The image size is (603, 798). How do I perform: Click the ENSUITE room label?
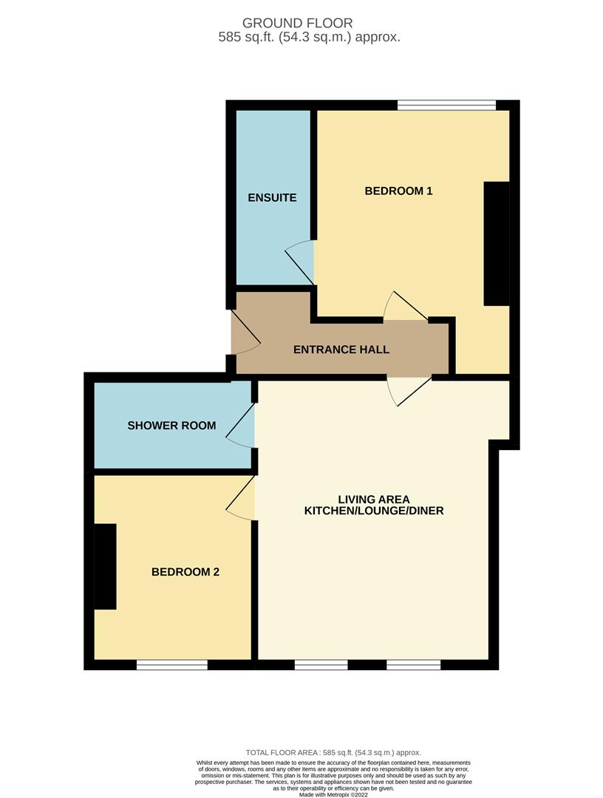(272, 198)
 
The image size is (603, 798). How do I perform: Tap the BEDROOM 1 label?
(398, 191)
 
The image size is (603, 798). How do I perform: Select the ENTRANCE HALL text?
(341, 349)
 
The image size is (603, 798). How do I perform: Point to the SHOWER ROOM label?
(171, 426)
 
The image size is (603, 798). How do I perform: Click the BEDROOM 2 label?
(185, 572)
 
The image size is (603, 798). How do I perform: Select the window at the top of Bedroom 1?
(446, 105)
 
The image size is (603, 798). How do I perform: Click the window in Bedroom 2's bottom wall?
(172, 664)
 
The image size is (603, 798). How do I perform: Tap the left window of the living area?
(321, 664)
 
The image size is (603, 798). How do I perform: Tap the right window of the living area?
(413, 664)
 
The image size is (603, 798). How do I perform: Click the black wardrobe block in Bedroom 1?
(497, 243)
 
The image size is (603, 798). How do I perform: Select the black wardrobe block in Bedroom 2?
(106, 566)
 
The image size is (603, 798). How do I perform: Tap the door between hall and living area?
(409, 389)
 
